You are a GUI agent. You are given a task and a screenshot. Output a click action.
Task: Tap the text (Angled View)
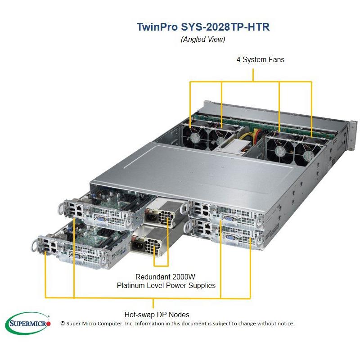pyautogui.click(x=202, y=39)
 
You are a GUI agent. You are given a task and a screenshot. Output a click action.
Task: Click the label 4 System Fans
pyautogui.click(x=260, y=59)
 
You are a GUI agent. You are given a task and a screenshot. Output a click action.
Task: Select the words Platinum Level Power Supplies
pyautogui.click(x=166, y=285)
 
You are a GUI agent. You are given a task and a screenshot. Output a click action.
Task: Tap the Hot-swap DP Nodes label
pyautogui.click(x=157, y=315)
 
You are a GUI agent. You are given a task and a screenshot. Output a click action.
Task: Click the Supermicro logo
pyautogui.click(x=28, y=324)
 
